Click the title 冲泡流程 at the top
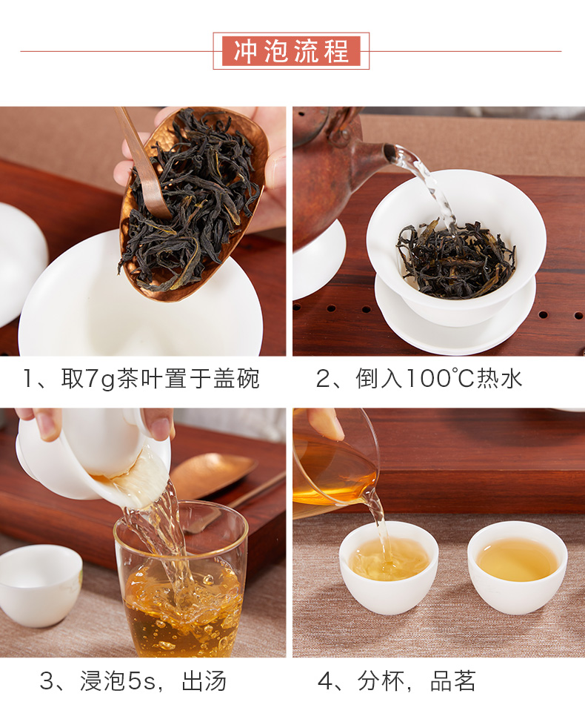[x=291, y=50]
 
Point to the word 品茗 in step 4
[x=452, y=681]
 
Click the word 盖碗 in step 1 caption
[x=237, y=379]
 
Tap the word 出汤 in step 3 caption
[x=204, y=681]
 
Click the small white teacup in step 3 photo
[x=41, y=585]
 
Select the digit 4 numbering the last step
[x=324, y=681]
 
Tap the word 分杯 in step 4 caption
[x=381, y=681]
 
